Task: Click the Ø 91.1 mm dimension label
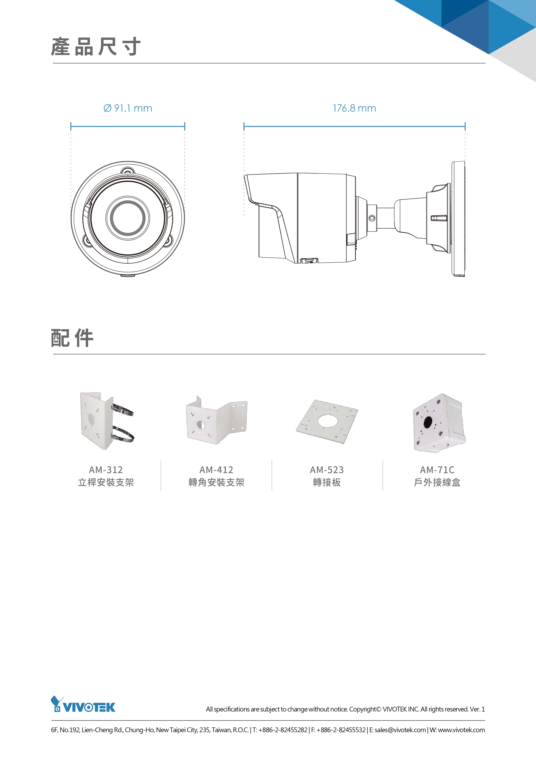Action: click(x=128, y=108)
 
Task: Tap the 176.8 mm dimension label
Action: click(x=354, y=108)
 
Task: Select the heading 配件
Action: click(x=72, y=338)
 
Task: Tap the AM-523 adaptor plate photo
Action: click(x=327, y=421)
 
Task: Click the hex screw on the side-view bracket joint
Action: click(x=372, y=218)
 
